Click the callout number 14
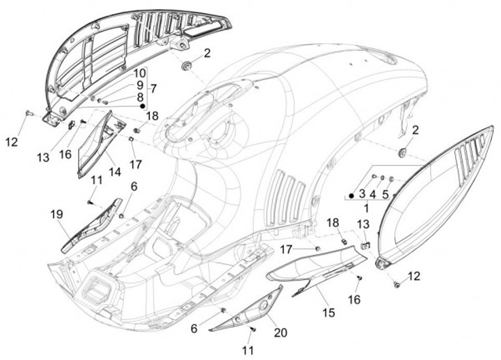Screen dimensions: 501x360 (x=115, y=172)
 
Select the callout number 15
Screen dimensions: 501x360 (x=328, y=312)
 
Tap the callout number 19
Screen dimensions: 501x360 (x=56, y=214)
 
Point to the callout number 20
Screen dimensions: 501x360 (x=280, y=333)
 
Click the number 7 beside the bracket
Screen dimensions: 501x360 (x=153, y=88)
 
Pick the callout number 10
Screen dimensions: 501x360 (x=139, y=73)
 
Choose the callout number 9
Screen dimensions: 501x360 (x=140, y=85)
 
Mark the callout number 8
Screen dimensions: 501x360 (x=140, y=97)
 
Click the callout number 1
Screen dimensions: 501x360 (x=366, y=208)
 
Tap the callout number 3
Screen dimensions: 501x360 (x=362, y=194)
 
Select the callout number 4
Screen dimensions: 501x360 (x=373, y=194)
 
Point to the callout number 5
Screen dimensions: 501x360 (x=385, y=194)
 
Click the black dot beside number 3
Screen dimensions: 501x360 (x=351, y=196)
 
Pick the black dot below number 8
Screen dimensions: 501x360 (x=143, y=106)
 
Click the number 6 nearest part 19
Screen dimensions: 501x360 (x=134, y=187)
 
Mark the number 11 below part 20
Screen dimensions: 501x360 (x=248, y=350)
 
